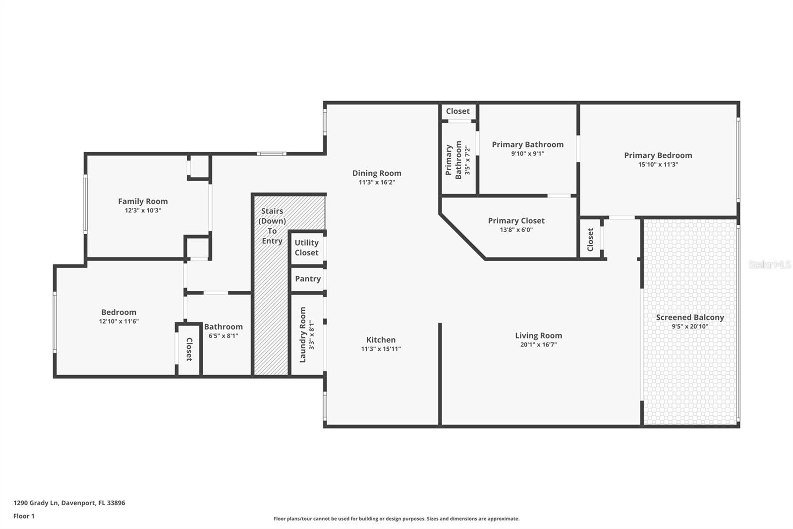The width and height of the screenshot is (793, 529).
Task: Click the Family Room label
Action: pos(143,201)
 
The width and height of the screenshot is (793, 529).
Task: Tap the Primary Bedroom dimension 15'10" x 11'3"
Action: pos(658,164)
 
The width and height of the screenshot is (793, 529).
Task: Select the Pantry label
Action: pos(308,279)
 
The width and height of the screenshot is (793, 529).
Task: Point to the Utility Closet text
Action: pos(306,248)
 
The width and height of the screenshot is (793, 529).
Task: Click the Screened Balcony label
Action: pos(690,317)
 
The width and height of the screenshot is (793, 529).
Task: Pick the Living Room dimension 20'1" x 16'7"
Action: pos(538,344)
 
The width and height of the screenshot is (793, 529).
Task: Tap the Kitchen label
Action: pos(381,340)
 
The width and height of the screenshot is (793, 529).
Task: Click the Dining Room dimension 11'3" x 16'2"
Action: pos(377,182)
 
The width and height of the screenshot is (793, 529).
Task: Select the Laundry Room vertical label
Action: pos(303,334)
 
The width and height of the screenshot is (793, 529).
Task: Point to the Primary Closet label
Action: pos(516,221)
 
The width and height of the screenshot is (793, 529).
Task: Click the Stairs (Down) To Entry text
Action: pos(272,226)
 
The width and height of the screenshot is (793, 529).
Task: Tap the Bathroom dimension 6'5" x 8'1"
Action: pos(223,335)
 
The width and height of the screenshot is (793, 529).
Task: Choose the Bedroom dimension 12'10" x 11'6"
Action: pos(118,321)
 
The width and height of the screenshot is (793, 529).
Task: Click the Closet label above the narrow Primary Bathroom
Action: pos(457,111)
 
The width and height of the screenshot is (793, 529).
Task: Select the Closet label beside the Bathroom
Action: pos(189,349)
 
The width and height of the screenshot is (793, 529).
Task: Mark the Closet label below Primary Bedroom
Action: pos(590,239)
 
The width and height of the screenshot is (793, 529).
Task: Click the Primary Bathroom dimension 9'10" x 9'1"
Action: pos(527,153)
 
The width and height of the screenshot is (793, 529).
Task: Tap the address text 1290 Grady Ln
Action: pos(69,503)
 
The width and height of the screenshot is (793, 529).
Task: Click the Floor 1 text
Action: pos(24,516)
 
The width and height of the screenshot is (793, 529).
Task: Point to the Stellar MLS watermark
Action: pos(769,264)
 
